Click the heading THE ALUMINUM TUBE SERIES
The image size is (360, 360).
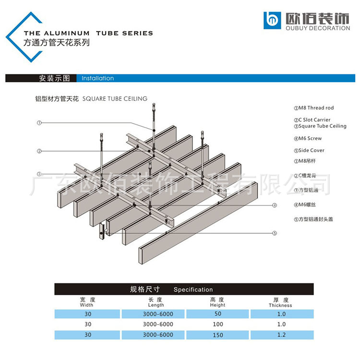point(88,33)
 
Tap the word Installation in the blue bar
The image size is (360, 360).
point(98,78)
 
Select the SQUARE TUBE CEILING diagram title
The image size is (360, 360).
point(115,99)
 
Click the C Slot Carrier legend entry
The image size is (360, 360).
point(312,120)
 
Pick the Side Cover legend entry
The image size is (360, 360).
point(309,150)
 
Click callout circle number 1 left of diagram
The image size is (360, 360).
point(39,123)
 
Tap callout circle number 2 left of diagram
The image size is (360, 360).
point(39,151)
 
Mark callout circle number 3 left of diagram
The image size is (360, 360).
point(39,174)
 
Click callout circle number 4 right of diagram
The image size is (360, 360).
point(275,205)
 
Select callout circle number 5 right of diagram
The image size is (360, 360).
point(275,233)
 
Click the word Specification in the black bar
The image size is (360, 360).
point(193,289)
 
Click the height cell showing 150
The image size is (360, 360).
point(217,335)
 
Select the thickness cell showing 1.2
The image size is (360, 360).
point(281,335)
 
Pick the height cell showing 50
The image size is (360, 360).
point(217,314)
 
